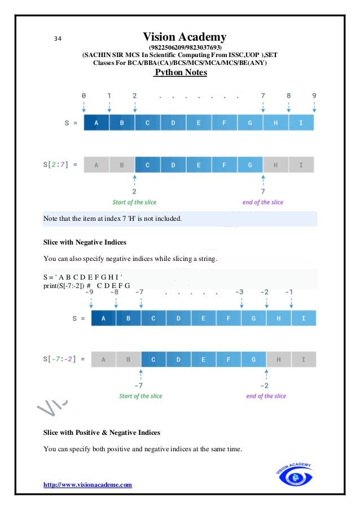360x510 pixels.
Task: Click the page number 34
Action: pos(58,38)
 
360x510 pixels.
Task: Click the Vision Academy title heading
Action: pos(185,37)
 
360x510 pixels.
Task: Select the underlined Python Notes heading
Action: pos(181,73)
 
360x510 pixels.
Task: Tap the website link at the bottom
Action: pos(87,484)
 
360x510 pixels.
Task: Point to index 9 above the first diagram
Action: pos(314,96)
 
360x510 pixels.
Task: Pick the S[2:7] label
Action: pos(61,165)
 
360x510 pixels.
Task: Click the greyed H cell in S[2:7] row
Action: pos(275,165)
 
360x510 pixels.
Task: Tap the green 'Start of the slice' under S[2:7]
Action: pos(135,202)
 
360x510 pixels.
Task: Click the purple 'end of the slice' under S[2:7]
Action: pos(262,202)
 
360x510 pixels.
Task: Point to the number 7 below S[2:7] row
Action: pos(262,191)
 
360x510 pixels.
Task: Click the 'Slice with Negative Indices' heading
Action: pos(85,242)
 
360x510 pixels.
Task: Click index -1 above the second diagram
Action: pos(289,292)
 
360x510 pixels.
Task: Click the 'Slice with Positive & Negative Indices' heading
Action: pos(102,433)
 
